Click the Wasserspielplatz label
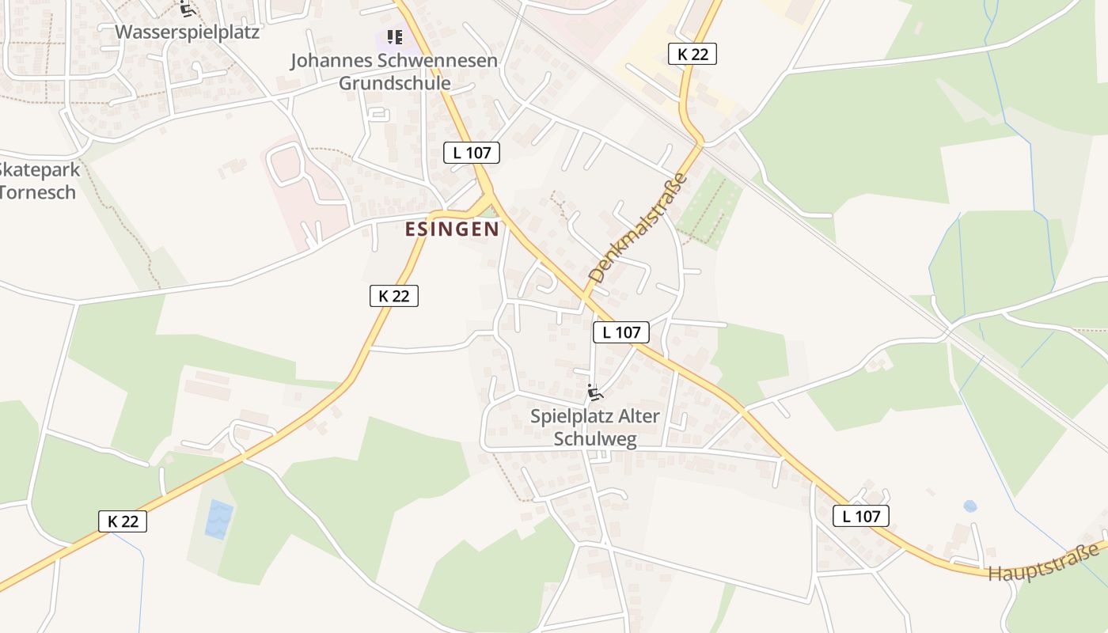[x=187, y=32]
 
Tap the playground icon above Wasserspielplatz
[x=187, y=9]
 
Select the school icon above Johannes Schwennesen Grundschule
[x=394, y=37]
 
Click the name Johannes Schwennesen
[x=394, y=61]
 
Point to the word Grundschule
[x=394, y=83]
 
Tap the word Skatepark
[x=38, y=169]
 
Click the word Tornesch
[x=38, y=191]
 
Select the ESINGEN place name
[x=453, y=229]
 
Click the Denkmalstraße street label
[x=638, y=229]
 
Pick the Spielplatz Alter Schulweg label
[x=594, y=428]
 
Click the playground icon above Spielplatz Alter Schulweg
[x=595, y=392]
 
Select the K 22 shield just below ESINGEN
[x=393, y=296]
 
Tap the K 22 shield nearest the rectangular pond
[x=123, y=521]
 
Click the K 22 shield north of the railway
[x=692, y=54]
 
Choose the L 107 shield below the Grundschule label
[x=472, y=153]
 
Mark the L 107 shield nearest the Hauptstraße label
[x=861, y=517]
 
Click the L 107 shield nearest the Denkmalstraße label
[x=621, y=332]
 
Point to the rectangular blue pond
[x=219, y=519]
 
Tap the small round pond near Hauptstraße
[x=970, y=506]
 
